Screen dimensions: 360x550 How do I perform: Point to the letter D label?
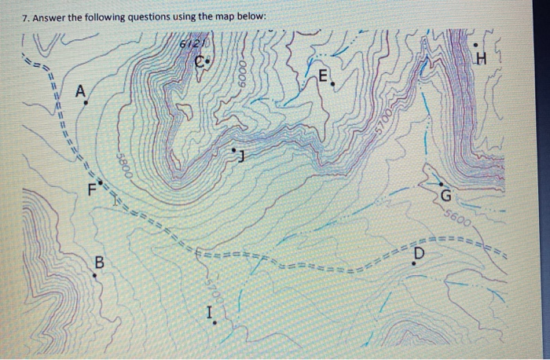coord(418,253)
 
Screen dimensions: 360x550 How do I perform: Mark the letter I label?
coord(209,314)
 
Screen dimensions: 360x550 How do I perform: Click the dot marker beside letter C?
coord(209,61)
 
